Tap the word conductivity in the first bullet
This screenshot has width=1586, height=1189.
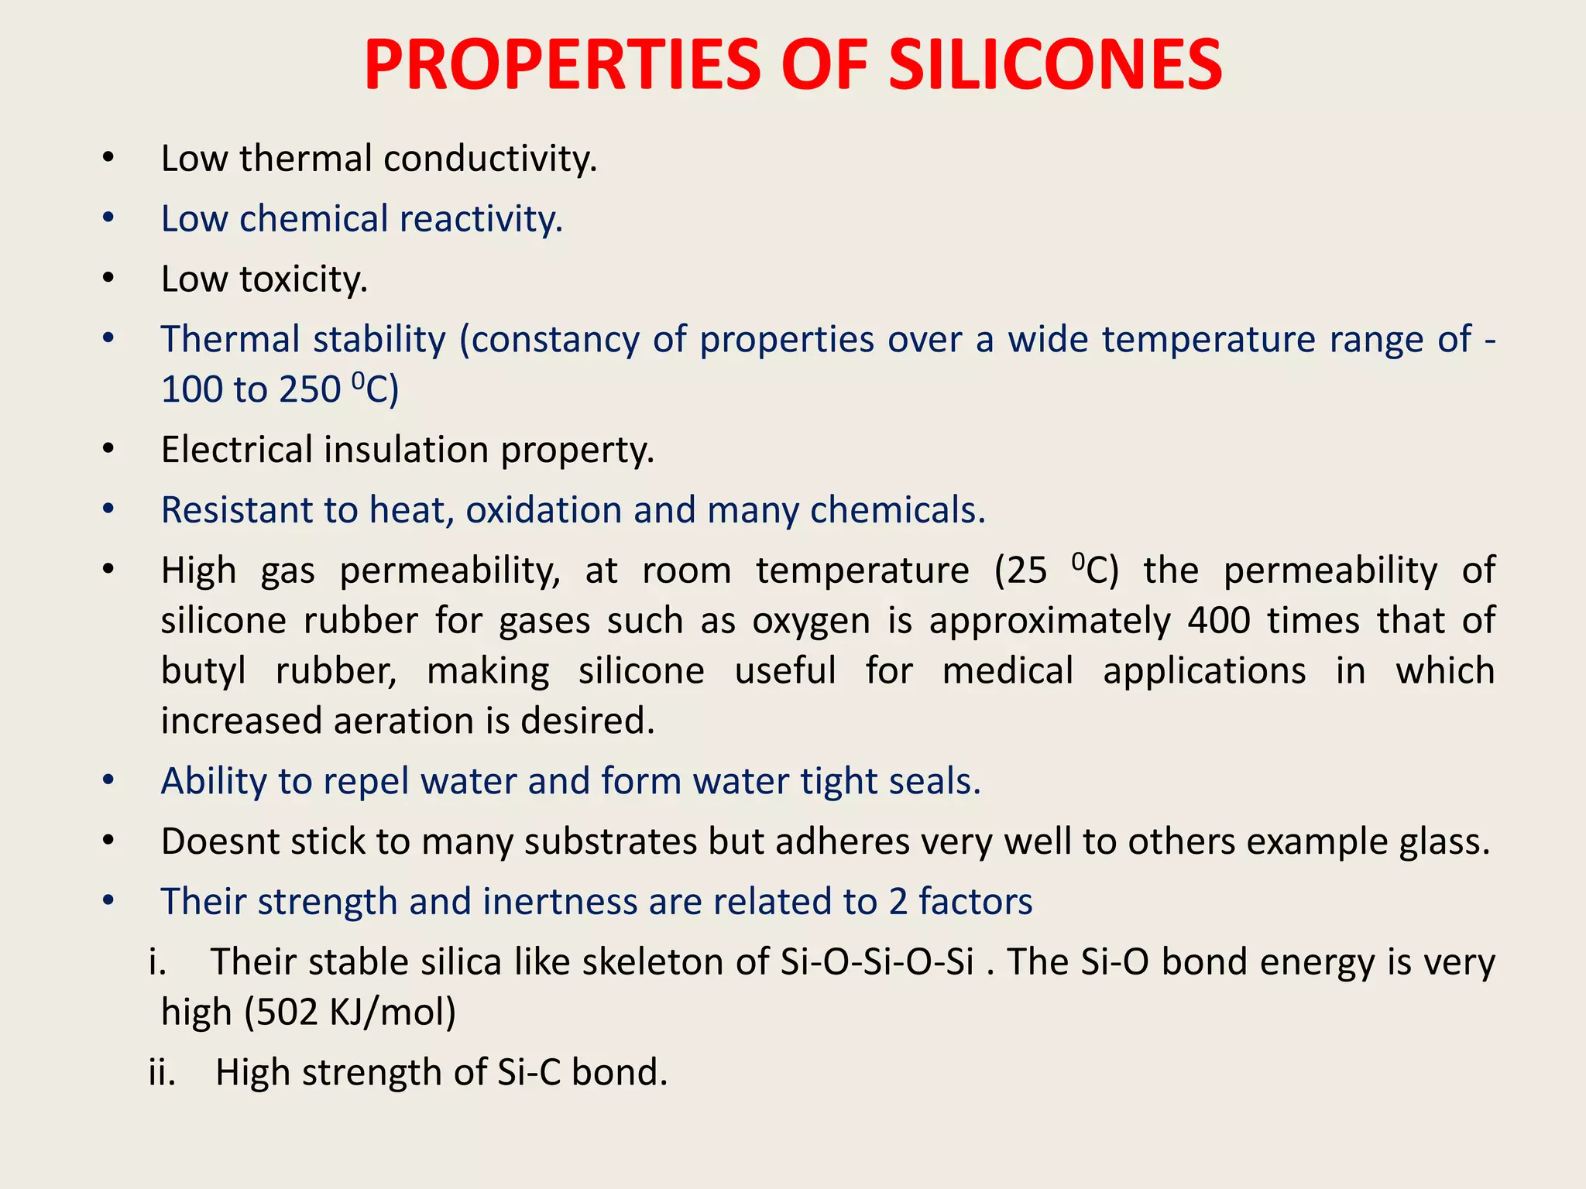[489, 159]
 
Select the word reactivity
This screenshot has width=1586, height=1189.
[481, 219]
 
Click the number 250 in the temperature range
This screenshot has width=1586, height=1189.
[310, 389]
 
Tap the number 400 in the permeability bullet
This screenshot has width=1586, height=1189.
[1219, 621]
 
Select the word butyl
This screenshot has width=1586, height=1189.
[203, 671]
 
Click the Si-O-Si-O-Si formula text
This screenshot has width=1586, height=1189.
[877, 962]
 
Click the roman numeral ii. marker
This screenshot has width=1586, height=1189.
[162, 1073]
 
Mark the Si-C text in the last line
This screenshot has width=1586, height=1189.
[528, 1073]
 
